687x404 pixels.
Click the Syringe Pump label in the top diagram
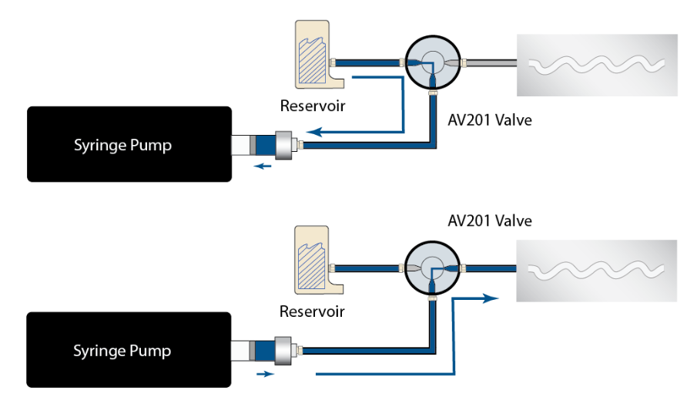pyautogui.click(x=122, y=145)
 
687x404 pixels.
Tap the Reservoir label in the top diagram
pyautogui.click(x=313, y=106)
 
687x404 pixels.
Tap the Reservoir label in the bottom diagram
pyautogui.click(x=312, y=311)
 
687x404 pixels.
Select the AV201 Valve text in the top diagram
pyautogui.click(x=490, y=120)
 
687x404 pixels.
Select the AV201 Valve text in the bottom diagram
pyautogui.click(x=490, y=221)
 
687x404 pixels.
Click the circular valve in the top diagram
pyautogui.click(x=431, y=61)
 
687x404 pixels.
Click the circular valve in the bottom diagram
pyautogui.click(x=431, y=267)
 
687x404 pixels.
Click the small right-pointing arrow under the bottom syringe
pyautogui.click(x=263, y=373)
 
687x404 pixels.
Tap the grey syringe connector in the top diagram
pyautogui.click(x=287, y=144)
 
